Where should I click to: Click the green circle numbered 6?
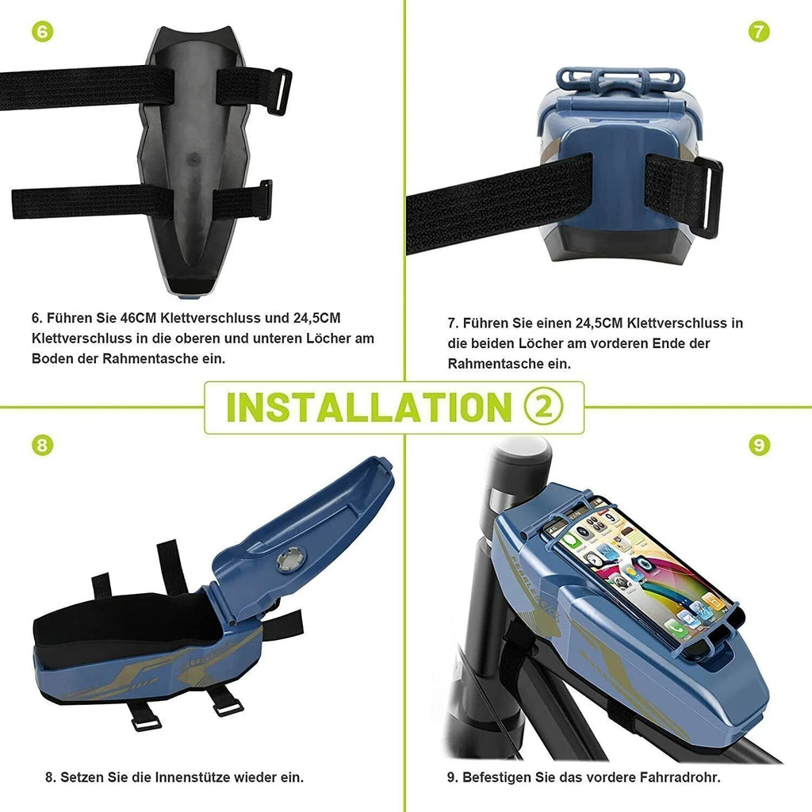pyautogui.click(x=43, y=32)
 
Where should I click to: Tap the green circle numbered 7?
pyautogui.click(x=759, y=32)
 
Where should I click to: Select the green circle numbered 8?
pyautogui.click(x=43, y=446)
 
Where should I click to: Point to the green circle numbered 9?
pyautogui.click(x=759, y=446)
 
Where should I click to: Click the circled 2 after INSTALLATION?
pyautogui.click(x=543, y=407)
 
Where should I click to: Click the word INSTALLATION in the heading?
pyautogui.click(x=370, y=408)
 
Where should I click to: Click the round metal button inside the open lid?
pyautogui.click(x=290, y=561)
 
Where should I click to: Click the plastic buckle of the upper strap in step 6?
pyautogui.click(x=282, y=92)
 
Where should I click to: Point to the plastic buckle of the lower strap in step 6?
pyautogui.click(x=266, y=200)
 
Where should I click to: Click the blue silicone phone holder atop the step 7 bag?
pyautogui.click(x=620, y=79)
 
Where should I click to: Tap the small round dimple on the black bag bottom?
pyautogui.click(x=193, y=159)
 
